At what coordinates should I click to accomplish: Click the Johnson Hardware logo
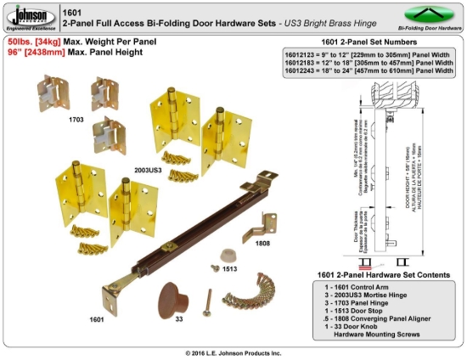(29, 17)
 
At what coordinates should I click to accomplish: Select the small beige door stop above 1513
(226, 255)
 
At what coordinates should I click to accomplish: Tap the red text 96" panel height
(19, 51)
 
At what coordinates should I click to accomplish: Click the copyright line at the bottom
(233, 352)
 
